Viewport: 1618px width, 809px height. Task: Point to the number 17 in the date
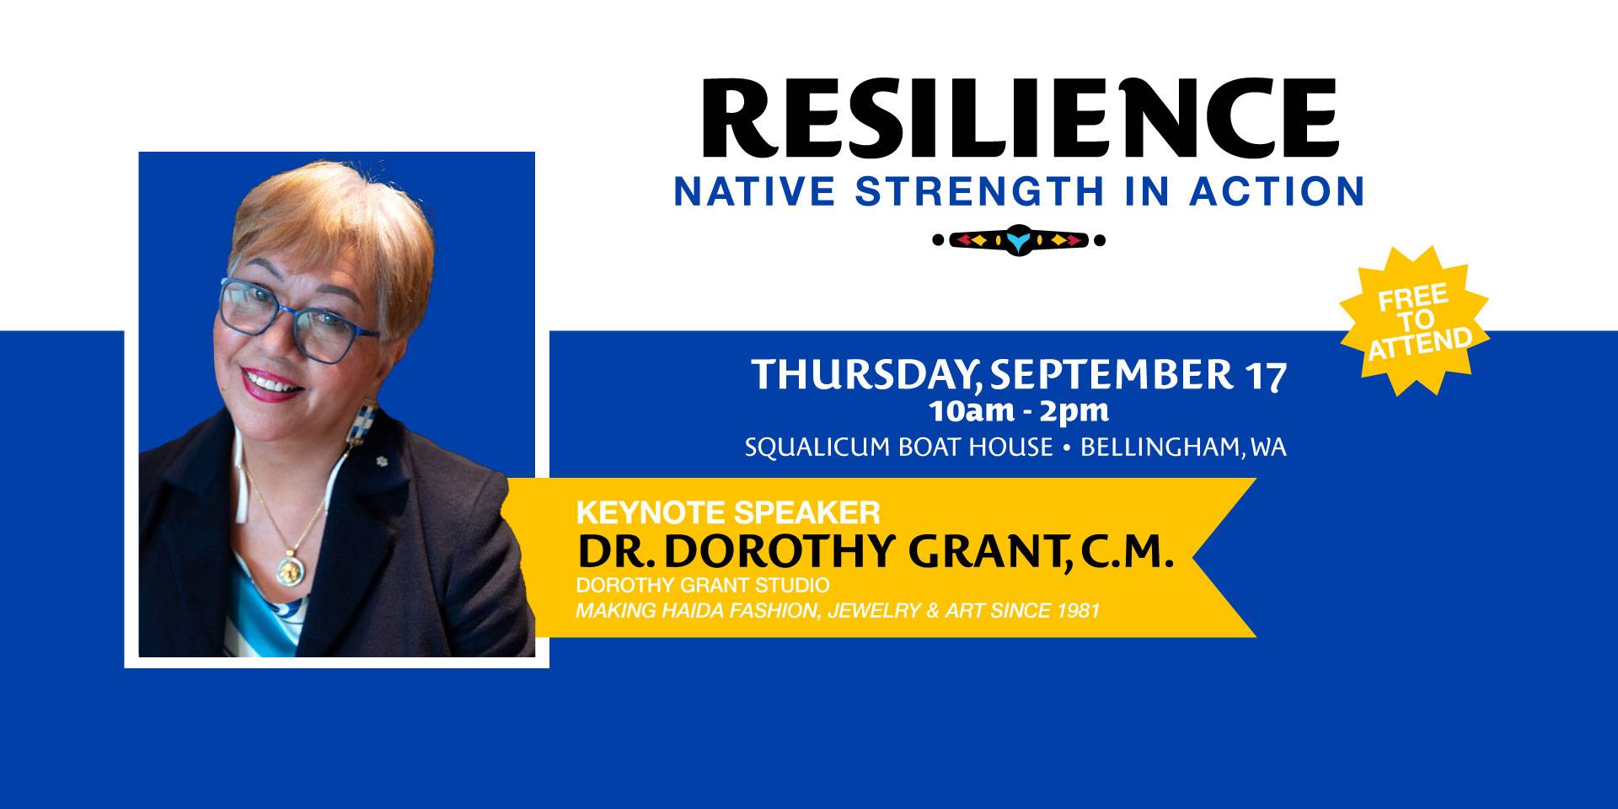pos(1265,375)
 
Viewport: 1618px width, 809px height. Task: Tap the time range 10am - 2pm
pos(1019,413)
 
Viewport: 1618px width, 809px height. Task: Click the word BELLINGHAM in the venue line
pos(1160,447)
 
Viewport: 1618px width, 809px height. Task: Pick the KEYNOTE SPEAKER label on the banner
pos(728,512)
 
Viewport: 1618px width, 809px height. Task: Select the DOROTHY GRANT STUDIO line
pos(703,585)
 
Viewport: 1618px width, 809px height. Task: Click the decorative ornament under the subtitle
pos(1019,240)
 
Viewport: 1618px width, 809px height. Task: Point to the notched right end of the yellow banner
pos(1193,557)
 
